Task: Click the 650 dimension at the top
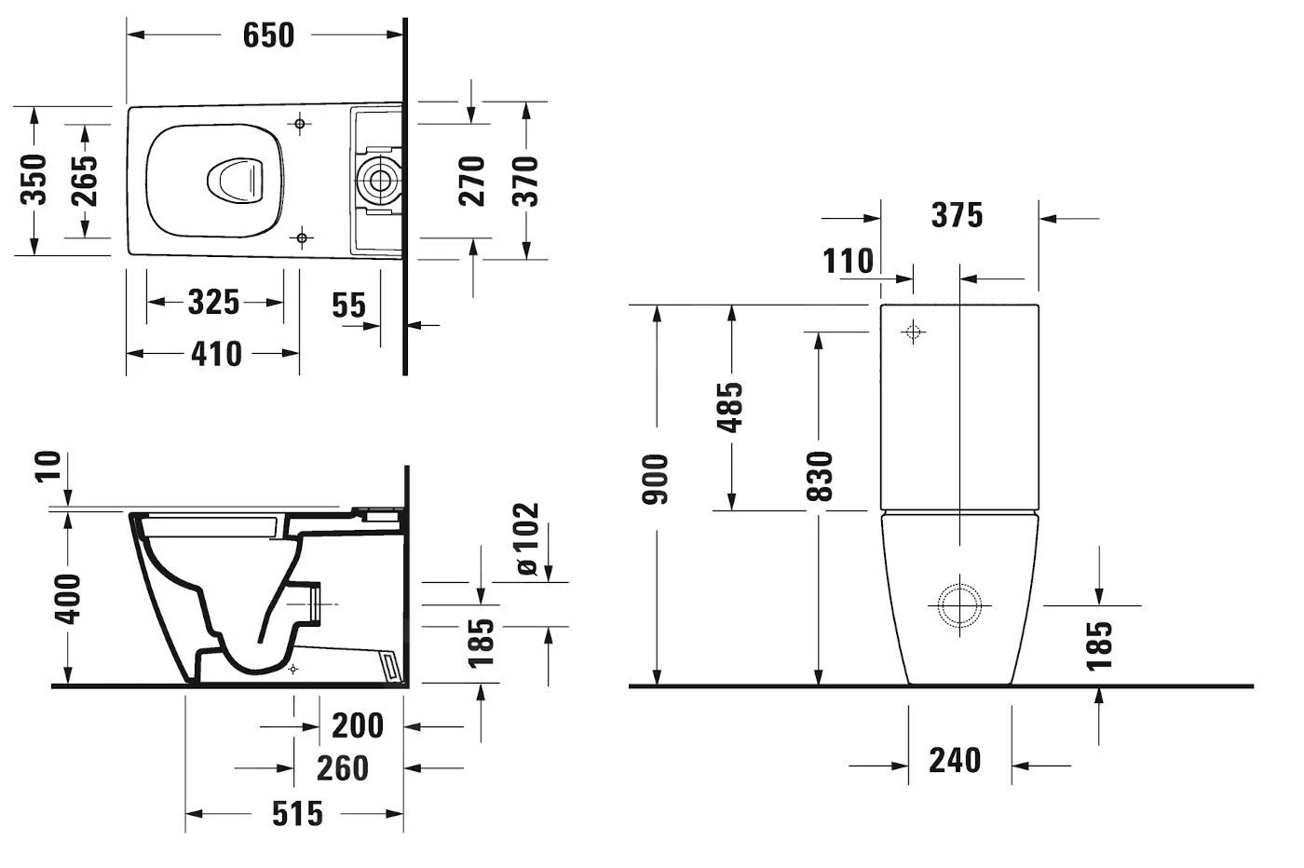(x=268, y=35)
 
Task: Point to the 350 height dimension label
(x=34, y=180)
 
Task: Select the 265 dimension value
(x=84, y=180)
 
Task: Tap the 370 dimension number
(x=526, y=181)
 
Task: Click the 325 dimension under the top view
(x=213, y=303)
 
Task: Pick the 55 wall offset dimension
(x=349, y=305)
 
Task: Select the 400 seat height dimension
(x=68, y=598)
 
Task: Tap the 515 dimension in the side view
(x=297, y=814)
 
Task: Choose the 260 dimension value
(x=342, y=769)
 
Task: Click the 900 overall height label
(x=657, y=479)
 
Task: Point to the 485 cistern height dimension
(x=731, y=407)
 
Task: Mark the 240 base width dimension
(x=955, y=761)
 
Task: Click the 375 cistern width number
(x=957, y=216)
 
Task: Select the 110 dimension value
(x=848, y=262)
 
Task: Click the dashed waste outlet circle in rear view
(x=958, y=605)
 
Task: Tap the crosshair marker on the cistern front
(x=913, y=332)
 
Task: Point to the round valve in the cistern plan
(x=379, y=180)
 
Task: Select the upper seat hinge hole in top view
(x=300, y=124)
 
